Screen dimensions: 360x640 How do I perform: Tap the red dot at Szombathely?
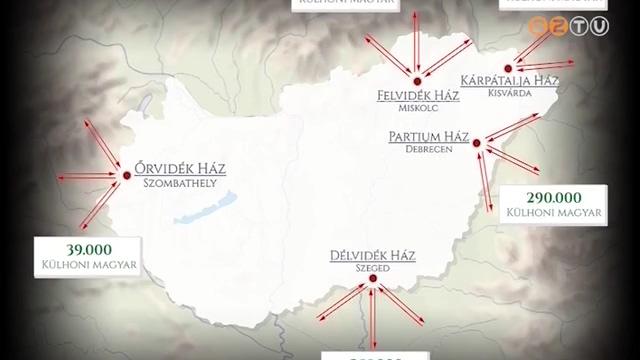coord(126,175)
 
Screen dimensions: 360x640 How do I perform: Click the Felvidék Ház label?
coord(418,96)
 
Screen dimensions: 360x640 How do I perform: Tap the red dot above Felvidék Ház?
coord(416,80)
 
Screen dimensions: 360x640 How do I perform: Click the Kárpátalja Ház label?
coord(507,80)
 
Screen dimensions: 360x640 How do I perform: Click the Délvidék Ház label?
coord(371,255)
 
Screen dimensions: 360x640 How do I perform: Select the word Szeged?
coord(371,269)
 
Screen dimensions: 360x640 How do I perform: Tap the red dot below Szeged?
coord(372,282)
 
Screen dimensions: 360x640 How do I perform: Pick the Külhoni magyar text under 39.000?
coord(88,265)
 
